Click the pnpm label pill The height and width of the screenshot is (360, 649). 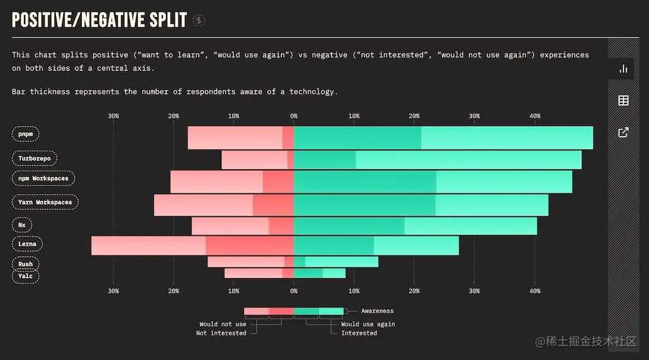pyautogui.click(x=26, y=134)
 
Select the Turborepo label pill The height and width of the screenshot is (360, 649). pyautogui.click(x=34, y=158)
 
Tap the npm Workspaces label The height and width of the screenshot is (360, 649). pyautogui.click(x=43, y=179)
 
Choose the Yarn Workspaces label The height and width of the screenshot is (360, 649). pyautogui.click(x=45, y=202)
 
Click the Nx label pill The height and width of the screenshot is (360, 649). pyautogui.click(x=22, y=225)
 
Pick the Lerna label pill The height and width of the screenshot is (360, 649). pyautogui.click(x=27, y=244)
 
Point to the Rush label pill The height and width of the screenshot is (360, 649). pyautogui.click(x=25, y=264)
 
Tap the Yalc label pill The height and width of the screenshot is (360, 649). pyautogui.click(x=25, y=276)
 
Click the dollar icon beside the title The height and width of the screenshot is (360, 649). pyautogui.click(x=199, y=20)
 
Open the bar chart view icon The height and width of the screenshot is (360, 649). pyautogui.click(x=623, y=68)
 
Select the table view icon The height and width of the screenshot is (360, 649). pyautogui.click(x=623, y=100)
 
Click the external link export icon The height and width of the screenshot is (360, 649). pyautogui.click(x=623, y=132)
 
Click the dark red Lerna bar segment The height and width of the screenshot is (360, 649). pyautogui.click(x=250, y=245)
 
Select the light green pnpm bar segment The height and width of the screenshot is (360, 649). pyautogui.click(x=507, y=138)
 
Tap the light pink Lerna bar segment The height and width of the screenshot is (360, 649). pyautogui.click(x=148, y=245)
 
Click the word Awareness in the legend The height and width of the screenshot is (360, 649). pyautogui.click(x=377, y=311)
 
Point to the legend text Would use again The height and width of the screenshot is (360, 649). pyautogui.click(x=368, y=324)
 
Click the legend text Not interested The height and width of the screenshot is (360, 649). pyautogui.click(x=221, y=333)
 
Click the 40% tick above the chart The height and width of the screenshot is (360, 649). pyautogui.click(x=535, y=116)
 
